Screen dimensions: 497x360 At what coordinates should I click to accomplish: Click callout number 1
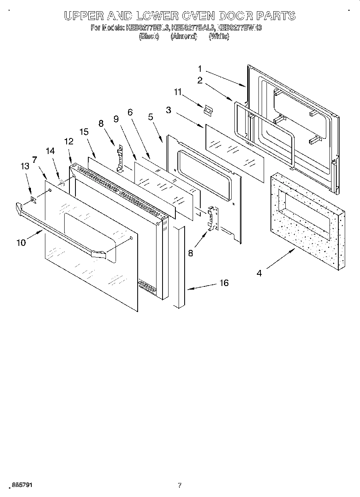pos(200,69)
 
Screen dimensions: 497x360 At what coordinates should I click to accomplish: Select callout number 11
pos(178,93)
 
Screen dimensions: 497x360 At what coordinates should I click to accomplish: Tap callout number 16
pos(224,283)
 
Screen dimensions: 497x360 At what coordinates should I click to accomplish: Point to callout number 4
pos(259,273)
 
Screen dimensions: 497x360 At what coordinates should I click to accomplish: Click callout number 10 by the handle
pos(21,242)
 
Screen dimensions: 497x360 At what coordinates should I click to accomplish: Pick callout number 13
pos(25,166)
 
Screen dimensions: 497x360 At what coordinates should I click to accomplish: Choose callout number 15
pos(83,132)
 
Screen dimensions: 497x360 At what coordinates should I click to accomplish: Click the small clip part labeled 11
pos(207,110)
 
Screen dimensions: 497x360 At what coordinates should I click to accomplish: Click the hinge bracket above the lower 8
pos(212,219)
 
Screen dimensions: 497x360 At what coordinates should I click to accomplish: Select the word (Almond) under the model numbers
pos(183,37)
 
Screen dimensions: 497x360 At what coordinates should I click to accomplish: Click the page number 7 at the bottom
pos(179,485)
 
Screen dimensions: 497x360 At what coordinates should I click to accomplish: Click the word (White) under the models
pos(219,37)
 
